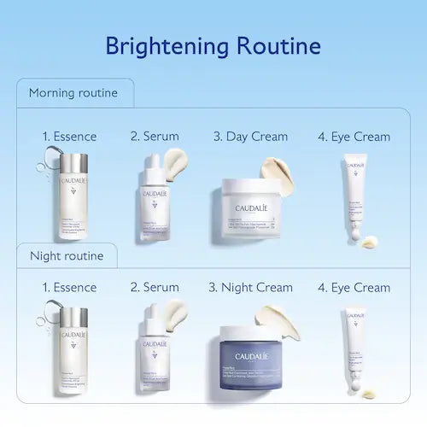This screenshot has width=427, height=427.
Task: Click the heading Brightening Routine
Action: tap(213, 45)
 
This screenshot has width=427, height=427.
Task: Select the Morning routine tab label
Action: tap(73, 93)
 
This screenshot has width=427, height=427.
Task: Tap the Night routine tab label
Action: tap(67, 255)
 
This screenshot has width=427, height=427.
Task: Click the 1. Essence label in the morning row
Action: tap(70, 136)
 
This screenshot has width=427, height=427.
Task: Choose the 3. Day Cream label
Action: tap(250, 136)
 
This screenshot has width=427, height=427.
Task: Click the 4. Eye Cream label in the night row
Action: tap(354, 288)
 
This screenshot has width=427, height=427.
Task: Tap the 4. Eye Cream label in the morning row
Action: tap(354, 136)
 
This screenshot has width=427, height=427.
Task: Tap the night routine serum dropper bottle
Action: tap(155, 354)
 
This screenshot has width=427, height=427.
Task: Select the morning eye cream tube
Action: tap(355, 196)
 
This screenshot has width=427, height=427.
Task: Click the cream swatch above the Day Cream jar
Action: tap(277, 167)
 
